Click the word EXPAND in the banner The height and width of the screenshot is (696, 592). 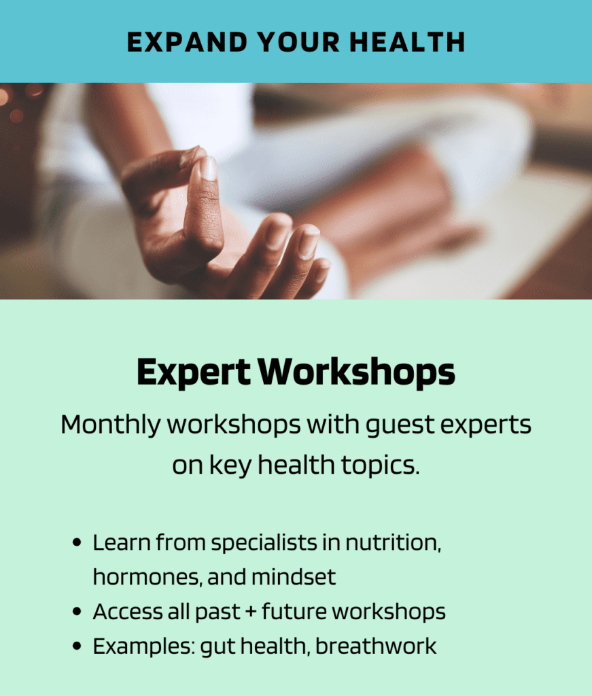[187, 43]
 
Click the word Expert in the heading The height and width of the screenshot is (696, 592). [194, 372]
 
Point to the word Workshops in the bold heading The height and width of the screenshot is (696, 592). [357, 372]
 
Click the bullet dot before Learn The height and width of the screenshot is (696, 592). [77, 542]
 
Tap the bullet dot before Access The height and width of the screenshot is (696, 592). [77, 611]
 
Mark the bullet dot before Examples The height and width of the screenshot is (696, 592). [77, 646]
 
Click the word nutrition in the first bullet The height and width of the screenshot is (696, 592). [393, 542]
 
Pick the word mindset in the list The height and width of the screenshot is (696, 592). [294, 577]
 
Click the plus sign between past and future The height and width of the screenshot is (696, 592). [251, 612]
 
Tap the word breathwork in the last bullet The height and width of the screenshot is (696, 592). [376, 646]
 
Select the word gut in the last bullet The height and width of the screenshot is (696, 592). [217, 647]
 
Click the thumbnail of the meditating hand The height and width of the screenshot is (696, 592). [296, 191]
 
